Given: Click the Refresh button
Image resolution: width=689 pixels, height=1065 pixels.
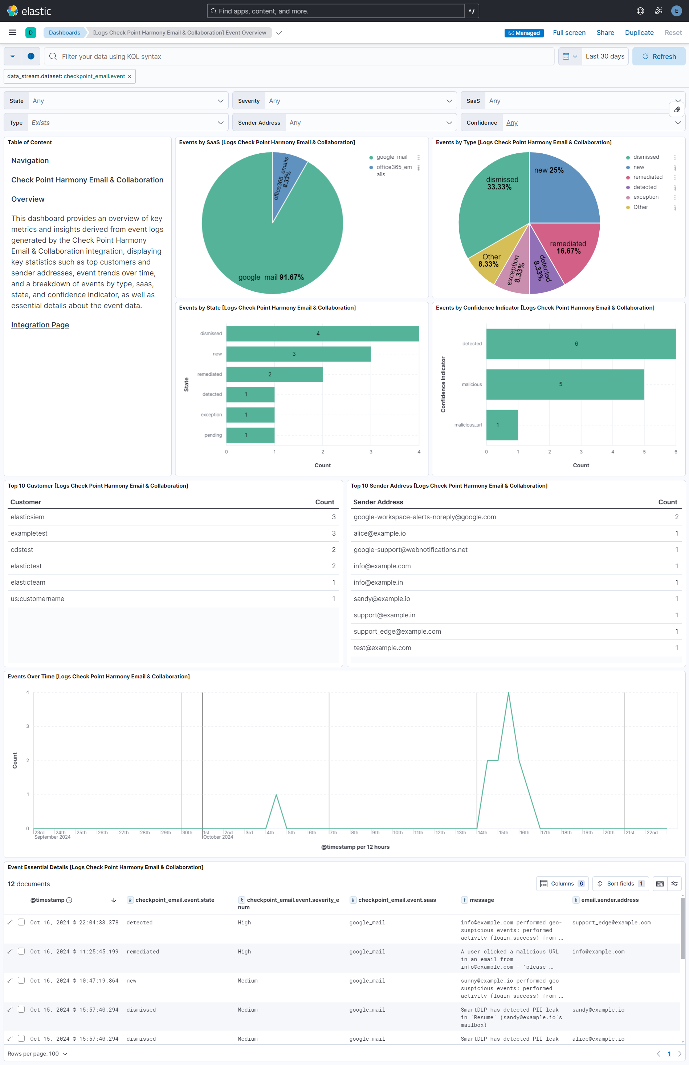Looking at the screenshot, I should coord(659,56).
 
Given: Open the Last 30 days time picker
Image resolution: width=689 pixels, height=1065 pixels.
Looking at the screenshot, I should coord(604,56).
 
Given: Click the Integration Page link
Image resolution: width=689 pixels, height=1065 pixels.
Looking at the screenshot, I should coord(40,325).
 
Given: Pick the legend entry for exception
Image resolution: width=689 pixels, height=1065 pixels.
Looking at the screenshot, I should coord(646,197).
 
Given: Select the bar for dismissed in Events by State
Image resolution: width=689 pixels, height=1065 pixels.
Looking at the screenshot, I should coord(322,333).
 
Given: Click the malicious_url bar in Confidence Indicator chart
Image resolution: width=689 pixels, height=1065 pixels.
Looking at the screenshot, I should coord(502,425).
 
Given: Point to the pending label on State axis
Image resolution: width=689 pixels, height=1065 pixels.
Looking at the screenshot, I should coord(213,435).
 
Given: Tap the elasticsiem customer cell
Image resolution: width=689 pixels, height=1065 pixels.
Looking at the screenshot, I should coord(28,517).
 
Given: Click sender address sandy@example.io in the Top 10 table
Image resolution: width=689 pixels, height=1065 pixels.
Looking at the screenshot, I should coord(382,599).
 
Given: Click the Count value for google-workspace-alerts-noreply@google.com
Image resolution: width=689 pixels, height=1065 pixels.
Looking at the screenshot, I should coord(676,517).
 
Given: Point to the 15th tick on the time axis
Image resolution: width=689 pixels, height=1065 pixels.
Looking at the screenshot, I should coord(503,832).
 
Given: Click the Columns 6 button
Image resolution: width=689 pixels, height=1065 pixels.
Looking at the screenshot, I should coord(562,883).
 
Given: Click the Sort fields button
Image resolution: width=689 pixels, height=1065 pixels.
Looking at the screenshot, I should coord(620,883).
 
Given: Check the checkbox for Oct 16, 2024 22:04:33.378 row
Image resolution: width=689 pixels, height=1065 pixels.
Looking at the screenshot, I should coord(21,922).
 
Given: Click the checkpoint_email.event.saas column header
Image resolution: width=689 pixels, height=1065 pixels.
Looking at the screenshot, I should coord(396,900).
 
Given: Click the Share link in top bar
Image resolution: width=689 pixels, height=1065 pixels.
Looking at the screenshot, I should coord(605,33).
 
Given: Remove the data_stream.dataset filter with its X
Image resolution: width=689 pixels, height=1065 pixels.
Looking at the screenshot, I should coord(129,77).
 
